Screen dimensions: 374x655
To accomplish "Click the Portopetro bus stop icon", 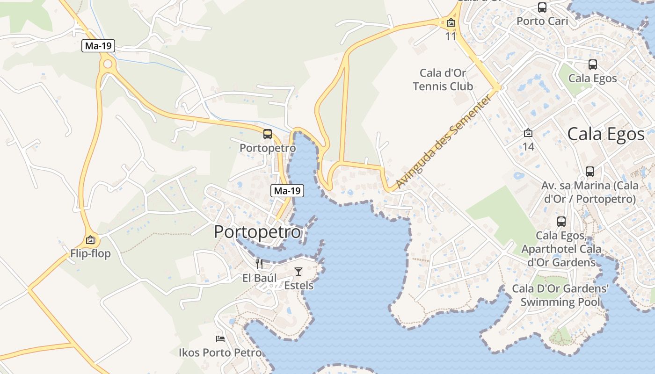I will (x=268, y=134).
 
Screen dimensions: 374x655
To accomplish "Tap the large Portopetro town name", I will (x=257, y=232).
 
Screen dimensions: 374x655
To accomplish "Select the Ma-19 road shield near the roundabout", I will (x=98, y=46).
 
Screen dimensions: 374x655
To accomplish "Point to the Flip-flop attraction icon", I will (x=90, y=240).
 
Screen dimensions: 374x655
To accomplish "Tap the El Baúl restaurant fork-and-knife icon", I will (x=259, y=264).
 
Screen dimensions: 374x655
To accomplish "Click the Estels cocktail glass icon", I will (x=298, y=271).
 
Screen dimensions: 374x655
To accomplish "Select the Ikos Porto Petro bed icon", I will (x=220, y=338).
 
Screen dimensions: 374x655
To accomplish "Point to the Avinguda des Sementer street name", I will (x=444, y=142).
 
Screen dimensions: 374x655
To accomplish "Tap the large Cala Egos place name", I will (x=606, y=134).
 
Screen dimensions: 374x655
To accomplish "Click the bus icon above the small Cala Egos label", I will (x=592, y=65).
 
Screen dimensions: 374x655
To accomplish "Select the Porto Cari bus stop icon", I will (x=542, y=7).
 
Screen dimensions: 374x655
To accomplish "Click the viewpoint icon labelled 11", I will (x=451, y=22).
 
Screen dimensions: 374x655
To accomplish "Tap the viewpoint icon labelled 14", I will (x=528, y=133).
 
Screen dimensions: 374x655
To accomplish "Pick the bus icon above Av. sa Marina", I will (x=589, y=172).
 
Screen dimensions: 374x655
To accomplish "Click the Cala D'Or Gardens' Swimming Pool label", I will (x=560, y=295).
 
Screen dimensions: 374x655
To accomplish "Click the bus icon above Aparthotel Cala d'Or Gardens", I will (x=561, y=221).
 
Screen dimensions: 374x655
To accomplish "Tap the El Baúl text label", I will (x=260, y=278).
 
